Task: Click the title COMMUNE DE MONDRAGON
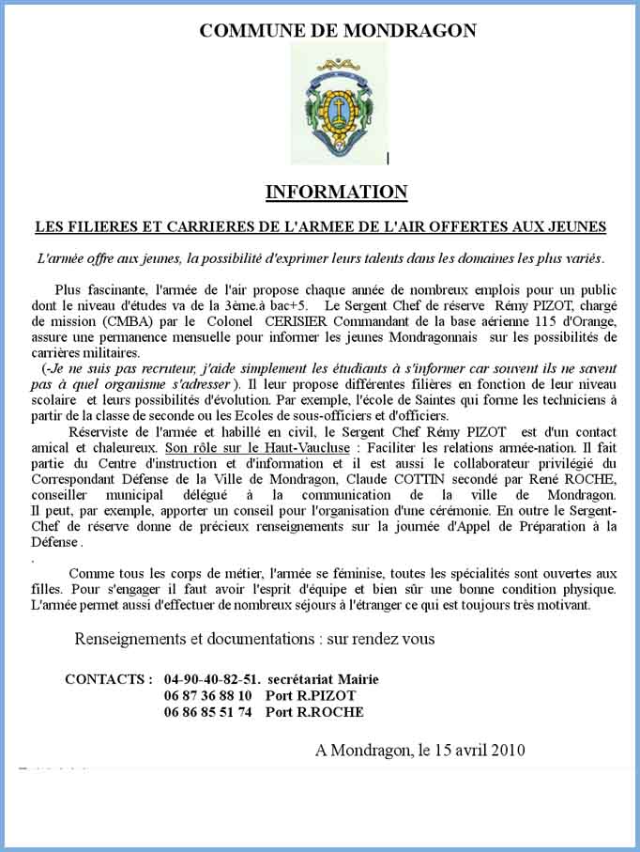pyautogui.click(x=338, y=30)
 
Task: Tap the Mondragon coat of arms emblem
pyautogui.click(x=338, y=102)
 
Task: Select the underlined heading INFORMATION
pyautogui.click(x=336, y=193)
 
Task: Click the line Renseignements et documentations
pyautogui.click(x=254, y=640)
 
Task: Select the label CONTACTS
pyautogui.click(x=108, y=679)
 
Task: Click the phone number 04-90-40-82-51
pyautogui.click(x=212, y=679)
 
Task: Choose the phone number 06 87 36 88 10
pyautogui.click(x=208, y=696)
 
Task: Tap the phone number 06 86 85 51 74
pyautogui.click(x=208, y=712)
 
